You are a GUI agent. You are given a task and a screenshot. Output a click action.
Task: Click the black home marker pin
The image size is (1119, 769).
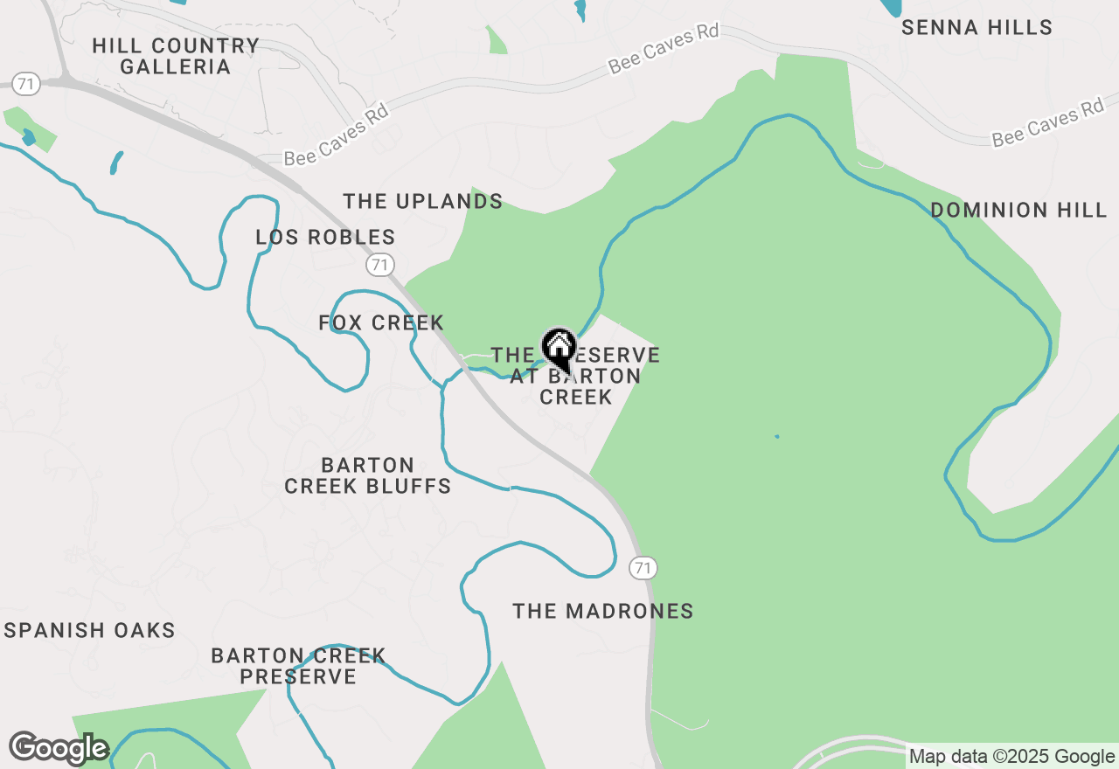pyautogui.click(x=559, y=350)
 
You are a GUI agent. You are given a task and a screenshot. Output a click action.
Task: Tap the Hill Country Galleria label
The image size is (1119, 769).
pyautogui.click(x=175, y=56)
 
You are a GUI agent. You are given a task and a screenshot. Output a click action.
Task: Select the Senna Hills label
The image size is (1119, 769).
pyautogui.click(x=977, y=28)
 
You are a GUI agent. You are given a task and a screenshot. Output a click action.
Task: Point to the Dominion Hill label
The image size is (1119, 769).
pyautogui.click(x=1018, y=211)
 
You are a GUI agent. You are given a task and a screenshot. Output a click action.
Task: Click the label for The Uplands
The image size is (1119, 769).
pyautogui.click(x=422, y=202)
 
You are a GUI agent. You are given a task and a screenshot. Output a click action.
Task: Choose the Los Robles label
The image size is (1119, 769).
pyautogui.click(x=325, y=238)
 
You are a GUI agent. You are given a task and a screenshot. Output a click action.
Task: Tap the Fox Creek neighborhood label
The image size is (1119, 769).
pyautogui.click(x=381, y=323)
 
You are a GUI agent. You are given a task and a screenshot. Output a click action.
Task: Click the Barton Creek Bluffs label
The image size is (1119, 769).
pyautogui.click(x=367, y=475)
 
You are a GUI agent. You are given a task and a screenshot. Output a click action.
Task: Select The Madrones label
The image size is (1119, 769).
pyautogui.click(x=602, y=612)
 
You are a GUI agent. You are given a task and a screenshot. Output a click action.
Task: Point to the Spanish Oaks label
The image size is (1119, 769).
pyautogui.click(x=90, y=631)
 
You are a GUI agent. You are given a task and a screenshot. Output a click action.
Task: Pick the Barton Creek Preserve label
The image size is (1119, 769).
pyautogui.click(x=298, y=666)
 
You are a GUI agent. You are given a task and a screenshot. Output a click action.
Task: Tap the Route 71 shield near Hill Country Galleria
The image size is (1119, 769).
pyautogui.click(x=27, y=84)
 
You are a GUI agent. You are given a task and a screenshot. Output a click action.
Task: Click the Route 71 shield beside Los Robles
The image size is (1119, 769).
pyautogui.click(x=379, y=264)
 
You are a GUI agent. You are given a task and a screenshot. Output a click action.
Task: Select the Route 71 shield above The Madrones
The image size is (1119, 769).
pyautogui.click(x=643, y=568)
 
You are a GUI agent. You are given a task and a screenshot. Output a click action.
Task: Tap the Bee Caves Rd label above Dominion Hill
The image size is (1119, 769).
pyautogui.click(x=1047, y=123)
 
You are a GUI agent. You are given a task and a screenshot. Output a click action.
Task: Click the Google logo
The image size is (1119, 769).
pyautogui.click(x=59, y=748)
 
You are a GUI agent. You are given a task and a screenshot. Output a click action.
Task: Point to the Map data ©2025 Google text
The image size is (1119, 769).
pyautogui.click(x=1011, y=757)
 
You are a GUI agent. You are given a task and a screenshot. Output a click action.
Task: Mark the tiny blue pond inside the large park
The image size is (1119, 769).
pyautogui.click(x=776, y=436)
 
